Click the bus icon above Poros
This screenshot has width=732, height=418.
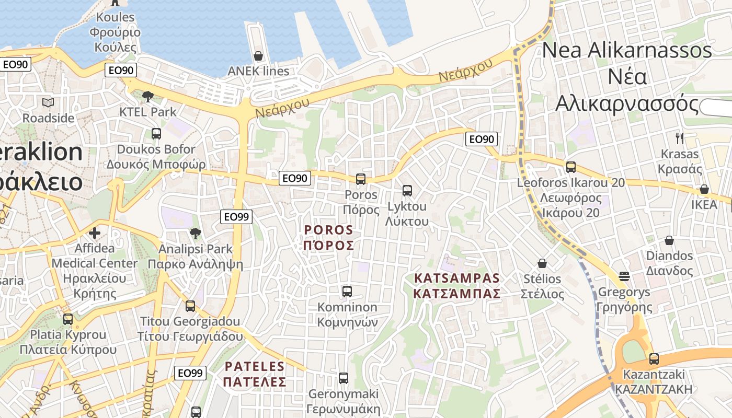pos(361,179)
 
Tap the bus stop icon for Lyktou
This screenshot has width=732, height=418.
pos(407,191)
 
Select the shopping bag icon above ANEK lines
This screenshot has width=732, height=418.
pos(258,55)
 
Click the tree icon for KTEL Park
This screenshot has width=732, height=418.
pos(148,96)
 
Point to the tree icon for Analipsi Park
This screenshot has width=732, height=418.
pos(196,233)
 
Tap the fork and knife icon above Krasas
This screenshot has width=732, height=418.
pos(680,138)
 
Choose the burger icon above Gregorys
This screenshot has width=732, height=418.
pos(624,276)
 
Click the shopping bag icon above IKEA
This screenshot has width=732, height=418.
pos(704,189)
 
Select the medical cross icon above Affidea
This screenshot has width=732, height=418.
pos(95,233)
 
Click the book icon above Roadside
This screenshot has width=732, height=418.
pos(48,102)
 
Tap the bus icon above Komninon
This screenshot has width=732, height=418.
pos(347,291)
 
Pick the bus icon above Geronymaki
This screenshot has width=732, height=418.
pos(344,378)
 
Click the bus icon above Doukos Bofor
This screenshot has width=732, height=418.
pos(156,133)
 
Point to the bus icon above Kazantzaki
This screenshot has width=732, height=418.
pos(654,359)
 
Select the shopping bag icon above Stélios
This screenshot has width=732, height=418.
pos(542,263)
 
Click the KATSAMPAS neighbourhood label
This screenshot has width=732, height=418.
pos(457,286)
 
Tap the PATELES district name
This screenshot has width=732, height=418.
pos(255,374)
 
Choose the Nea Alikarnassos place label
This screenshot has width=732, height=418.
pos(627,77)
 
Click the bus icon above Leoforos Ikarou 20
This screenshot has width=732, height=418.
pos(571,167)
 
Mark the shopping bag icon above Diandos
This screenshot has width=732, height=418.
pos(669,240)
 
